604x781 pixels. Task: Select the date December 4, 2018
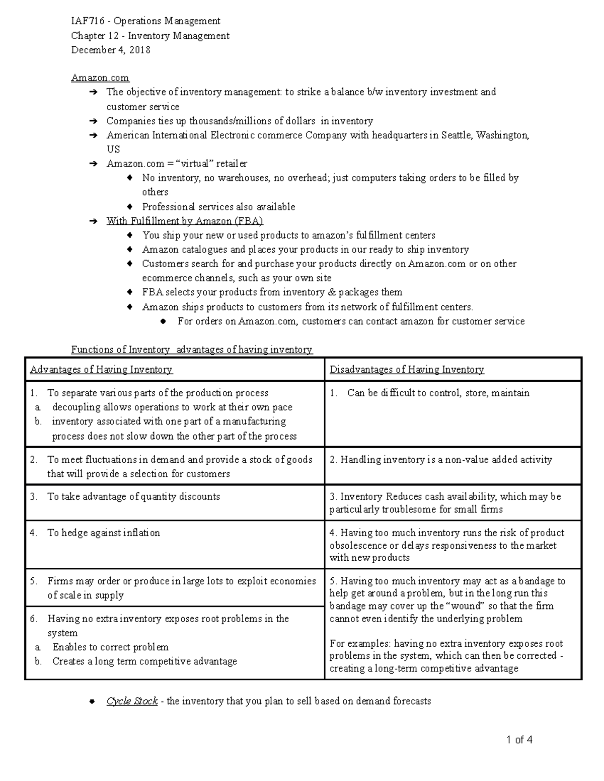111,50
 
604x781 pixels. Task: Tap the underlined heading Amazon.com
100,78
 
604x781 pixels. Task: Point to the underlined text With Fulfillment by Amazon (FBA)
185,221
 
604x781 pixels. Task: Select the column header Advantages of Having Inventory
101,370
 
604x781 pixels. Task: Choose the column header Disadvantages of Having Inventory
407,370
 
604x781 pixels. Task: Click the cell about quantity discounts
133,497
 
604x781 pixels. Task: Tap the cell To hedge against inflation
103,533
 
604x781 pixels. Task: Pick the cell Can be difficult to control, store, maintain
438,393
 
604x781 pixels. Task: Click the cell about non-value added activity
446,460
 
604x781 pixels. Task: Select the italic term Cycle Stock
132,701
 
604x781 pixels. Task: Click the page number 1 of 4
519,740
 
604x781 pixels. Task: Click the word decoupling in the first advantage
76,407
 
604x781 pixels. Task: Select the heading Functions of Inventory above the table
120,350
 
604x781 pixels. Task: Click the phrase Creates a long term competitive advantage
144,662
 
